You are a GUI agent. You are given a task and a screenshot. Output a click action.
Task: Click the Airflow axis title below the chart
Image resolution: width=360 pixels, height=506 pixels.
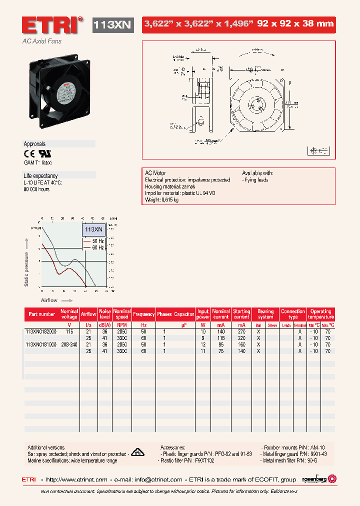[49, 300]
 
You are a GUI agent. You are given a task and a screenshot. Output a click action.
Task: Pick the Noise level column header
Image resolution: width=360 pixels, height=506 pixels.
[105, 314]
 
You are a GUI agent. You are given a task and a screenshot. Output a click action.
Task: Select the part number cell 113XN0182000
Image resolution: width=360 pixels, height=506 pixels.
[41, 331]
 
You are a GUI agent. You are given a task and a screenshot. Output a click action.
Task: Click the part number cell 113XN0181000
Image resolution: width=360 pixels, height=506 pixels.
[41, 344]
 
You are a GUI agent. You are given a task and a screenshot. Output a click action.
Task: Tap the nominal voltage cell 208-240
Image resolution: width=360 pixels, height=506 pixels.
[69, 344]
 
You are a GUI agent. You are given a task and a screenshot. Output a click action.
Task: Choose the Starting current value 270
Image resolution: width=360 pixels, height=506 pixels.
[241, 331]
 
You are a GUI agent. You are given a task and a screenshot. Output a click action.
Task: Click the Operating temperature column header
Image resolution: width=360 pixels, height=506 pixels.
[321, 314]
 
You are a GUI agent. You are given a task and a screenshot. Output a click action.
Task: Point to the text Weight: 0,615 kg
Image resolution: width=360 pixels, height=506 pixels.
[162, 199]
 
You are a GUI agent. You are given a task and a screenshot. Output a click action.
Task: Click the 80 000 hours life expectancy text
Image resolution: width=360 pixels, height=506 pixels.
[37, 189]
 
